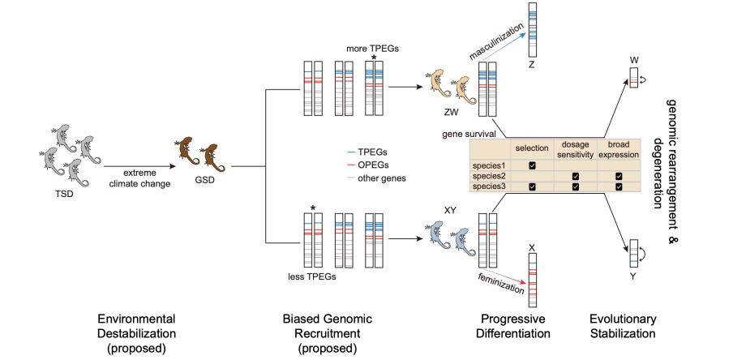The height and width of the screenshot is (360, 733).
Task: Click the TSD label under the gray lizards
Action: [64, 194]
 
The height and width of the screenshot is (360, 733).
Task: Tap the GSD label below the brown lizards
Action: [205, 179]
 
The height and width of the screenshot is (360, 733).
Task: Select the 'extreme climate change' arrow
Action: [139, 166]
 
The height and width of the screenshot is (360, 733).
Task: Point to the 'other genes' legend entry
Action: [376, 178]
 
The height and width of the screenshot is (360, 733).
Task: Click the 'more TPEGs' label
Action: [372, 49]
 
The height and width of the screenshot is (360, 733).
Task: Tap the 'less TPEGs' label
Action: [312, 276]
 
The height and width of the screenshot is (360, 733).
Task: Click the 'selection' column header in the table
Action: [532, 148]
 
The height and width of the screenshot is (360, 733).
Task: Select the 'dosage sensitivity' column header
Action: [576, 148]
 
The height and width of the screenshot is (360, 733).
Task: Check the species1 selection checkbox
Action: [532, 165]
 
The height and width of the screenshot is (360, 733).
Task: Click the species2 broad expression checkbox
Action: [619, 176]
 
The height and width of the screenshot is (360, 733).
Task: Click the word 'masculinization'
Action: [496, 41]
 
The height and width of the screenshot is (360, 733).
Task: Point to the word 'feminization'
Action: [500, 281]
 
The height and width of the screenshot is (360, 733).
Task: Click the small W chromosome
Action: [633, 78]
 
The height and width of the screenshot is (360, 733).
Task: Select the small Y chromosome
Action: [633, 254]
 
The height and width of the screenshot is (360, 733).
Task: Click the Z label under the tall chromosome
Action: [531, 65]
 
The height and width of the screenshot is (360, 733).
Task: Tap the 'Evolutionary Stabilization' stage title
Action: [623, 326]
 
